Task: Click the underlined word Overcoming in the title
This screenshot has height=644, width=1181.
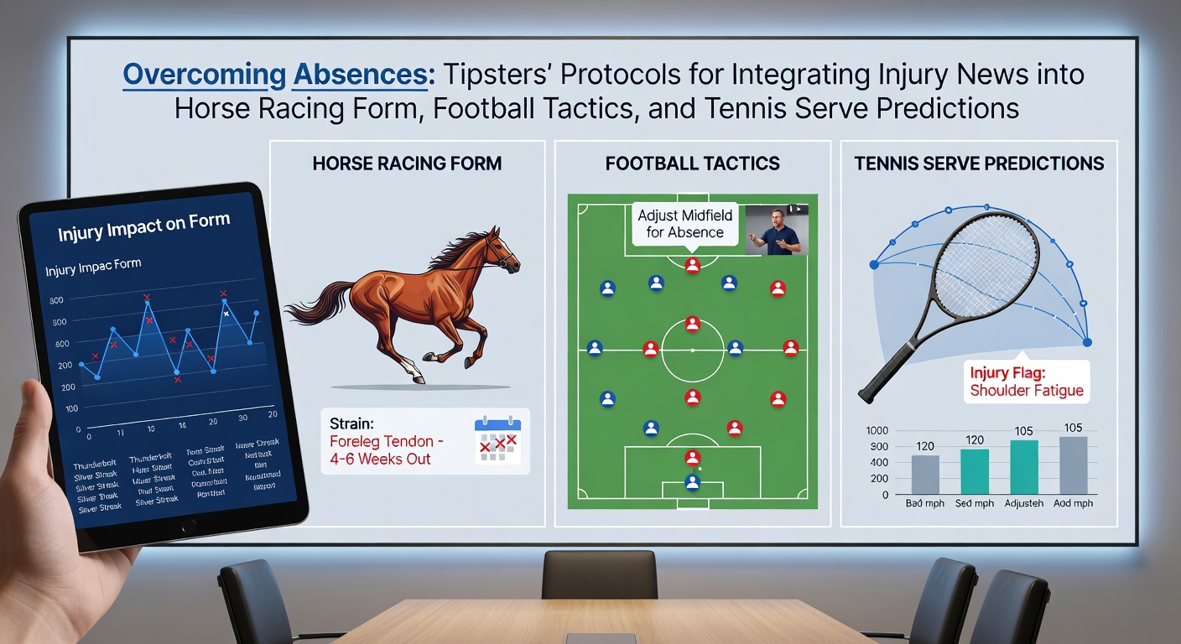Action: pos(204,75)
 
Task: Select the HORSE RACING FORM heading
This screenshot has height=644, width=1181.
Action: pos(407,163)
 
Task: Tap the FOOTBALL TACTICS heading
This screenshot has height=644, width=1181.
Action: pos(693,163)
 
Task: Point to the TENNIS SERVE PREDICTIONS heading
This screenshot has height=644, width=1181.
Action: pos(979,163)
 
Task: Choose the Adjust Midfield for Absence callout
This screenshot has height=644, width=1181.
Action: pos(684,224)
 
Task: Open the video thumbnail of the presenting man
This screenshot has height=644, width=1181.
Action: pos(777,230)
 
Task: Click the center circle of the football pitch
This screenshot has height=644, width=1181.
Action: pos(692,350)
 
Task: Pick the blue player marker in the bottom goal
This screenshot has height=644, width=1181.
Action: pos(692,482)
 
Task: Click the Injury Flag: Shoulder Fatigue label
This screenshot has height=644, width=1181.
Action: pos(1026,382)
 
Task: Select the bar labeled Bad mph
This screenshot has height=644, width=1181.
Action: pos(925,474)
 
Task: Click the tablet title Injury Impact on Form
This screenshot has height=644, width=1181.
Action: pos(143,226)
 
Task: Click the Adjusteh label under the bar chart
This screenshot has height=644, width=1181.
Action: pos(1024,504)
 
